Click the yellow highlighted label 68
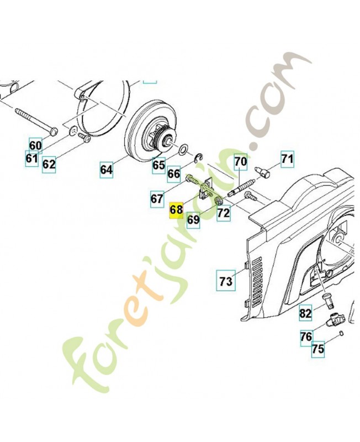pos(176,210)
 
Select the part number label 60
pos(35,146)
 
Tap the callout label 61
pos(31,159)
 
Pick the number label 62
pos(49,164)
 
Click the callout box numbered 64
pos(107,170)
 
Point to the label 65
pos(158,165)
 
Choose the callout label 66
pos(174,173)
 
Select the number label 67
pos(158,197)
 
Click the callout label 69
pos(193,219)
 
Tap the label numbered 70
pos(240,162)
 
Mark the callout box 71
pos(287,160)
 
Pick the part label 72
pos(223,213)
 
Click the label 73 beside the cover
pos(225,281)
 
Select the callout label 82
pos(305,314)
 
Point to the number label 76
pos(306,336)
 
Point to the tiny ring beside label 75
pos(343,333)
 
